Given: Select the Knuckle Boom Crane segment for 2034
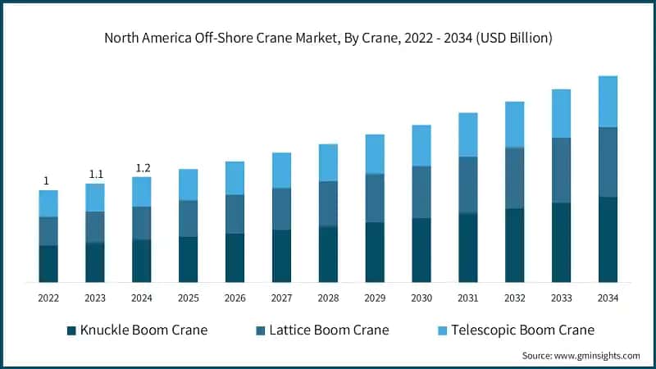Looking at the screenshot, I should click(608, 239).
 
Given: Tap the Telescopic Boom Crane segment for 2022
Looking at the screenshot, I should click(48, 203).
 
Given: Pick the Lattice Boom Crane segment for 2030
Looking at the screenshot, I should click(421, 192).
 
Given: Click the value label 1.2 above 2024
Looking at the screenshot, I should click(142, 168).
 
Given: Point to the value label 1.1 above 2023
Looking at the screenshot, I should click(95, 174).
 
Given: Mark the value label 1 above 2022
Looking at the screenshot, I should click(47, 181).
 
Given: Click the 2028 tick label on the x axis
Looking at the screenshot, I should click(328, 298).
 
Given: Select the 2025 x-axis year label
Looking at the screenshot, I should click(188, 298).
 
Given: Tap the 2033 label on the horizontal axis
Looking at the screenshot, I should click(561, 298).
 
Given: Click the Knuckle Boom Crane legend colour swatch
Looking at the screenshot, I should click(71, 330).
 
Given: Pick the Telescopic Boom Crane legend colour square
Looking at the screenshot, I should click(443, 330).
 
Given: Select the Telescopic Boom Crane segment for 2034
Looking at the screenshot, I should click(608, 102).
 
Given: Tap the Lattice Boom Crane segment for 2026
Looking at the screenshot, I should click(235, 214).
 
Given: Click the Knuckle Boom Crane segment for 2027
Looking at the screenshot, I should click(281, 256).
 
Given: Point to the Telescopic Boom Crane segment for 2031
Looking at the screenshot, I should click(468, 134).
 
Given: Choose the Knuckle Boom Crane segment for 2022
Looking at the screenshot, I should click(48, 263).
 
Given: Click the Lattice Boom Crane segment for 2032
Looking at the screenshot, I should click(515, 178).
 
